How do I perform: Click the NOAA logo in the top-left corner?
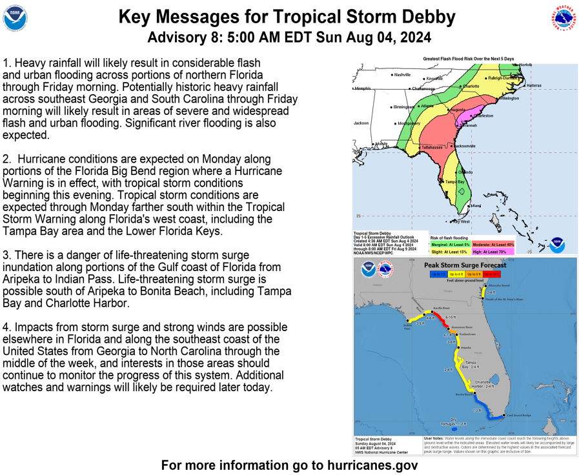[x=15, y=19]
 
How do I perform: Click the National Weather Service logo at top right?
[x=564, y=19]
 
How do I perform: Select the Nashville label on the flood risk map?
[x=403, y=75]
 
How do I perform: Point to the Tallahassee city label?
[x=432, y=147]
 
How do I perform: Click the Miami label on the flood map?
[x=476, y=205]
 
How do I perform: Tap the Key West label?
[x=461, y=222]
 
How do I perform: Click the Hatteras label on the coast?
[x=534, y=85]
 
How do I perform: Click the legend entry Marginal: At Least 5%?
[x=451, y=245]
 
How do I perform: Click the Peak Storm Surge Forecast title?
[x=465, y=265]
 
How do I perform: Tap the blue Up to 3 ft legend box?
[x=439, y=274]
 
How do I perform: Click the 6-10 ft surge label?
[x=451, y=318]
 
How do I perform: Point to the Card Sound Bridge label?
[x=518, y=415]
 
